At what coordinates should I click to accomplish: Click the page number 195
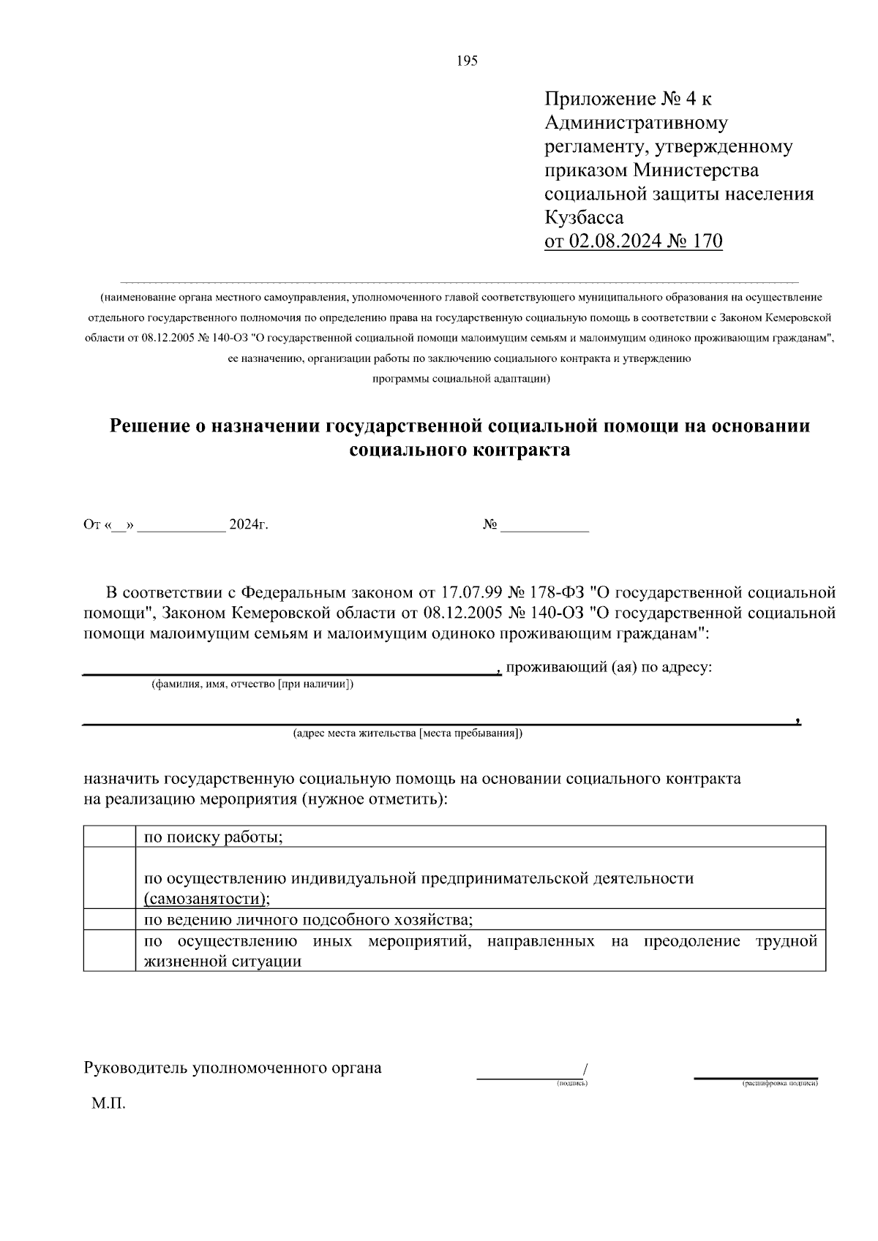click(x=467, y=61)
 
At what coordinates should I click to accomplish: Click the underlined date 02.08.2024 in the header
click(x=615, y=241)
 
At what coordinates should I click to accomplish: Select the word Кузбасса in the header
click(x=585, y=218)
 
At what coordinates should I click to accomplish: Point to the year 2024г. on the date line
click(x=249, y=525)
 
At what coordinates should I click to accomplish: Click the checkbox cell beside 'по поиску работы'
click(x=110, y=837)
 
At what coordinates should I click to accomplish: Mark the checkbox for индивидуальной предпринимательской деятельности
click(x=110, y=878)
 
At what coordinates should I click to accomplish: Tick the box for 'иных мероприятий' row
click(x=110, y=951)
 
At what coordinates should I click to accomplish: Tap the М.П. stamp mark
click(x=108, y=1104)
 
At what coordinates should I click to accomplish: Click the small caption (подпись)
click(x=572, y=1083)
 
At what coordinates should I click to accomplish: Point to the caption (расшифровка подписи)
click(x=780, y=1083)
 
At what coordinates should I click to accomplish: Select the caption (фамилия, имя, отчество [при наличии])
click(x=252, y=684)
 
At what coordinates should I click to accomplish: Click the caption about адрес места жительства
click(x=408, y=733)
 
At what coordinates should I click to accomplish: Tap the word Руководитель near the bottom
click(x=135, y=1068)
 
